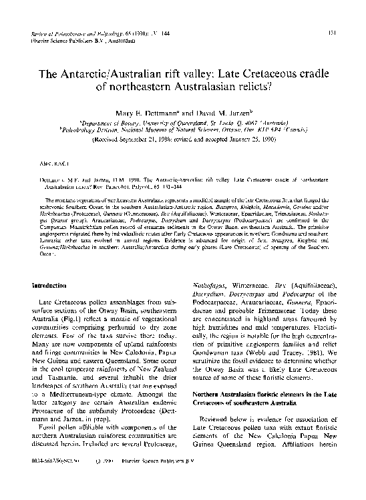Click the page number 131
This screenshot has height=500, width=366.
pyautogui.click(x=340, y=32)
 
